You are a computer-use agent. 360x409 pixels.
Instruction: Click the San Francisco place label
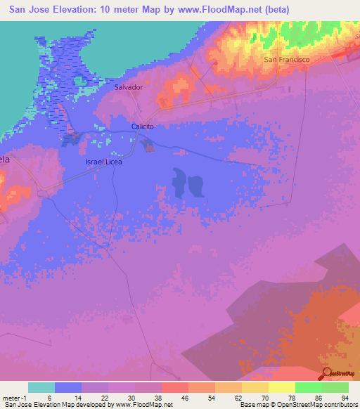(x=287, y=60)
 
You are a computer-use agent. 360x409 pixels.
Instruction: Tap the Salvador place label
(x=129, y=88)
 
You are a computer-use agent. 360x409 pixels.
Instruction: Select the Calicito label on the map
(x=142, y=126)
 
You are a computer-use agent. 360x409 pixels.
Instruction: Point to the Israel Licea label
(x=104, y=162)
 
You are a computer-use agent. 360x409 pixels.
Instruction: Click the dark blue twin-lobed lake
(x=187, y=185)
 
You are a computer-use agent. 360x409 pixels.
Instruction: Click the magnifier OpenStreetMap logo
(x=326, y=374)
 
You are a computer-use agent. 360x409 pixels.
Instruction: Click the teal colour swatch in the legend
(x=41, y=387)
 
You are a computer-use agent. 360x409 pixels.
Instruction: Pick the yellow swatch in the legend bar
(x=281, y=387)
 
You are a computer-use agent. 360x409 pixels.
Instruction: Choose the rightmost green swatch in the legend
(x=335, y=387)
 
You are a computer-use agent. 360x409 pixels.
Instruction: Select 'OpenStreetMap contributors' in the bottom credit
(x=320, y=405)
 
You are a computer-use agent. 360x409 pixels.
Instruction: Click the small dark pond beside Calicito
(x=148, y=145)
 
